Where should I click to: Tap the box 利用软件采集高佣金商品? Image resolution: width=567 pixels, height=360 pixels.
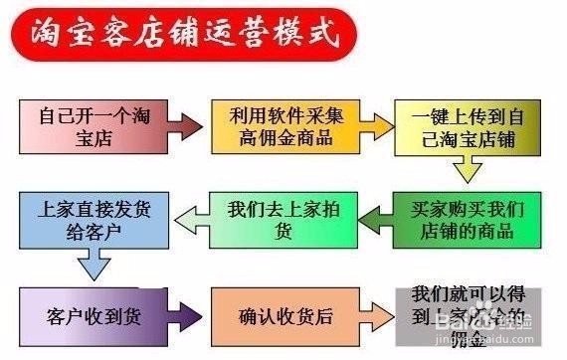[x=280, y=124]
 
